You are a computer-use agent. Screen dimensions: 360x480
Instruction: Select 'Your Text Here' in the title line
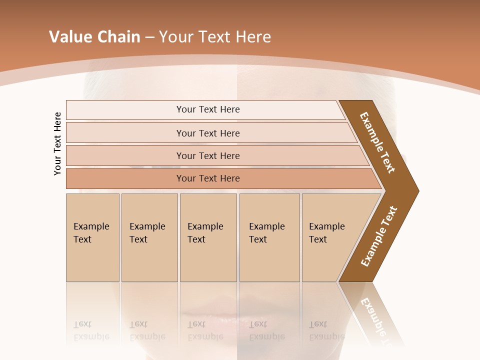(215, 37)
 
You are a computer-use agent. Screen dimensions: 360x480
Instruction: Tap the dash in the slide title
(149, 37)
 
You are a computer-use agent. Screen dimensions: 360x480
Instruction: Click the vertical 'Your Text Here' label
(57, 143)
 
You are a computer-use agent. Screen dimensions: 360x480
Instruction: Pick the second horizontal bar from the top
(208, 133)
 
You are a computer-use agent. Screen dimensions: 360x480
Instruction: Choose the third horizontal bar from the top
(208, 155)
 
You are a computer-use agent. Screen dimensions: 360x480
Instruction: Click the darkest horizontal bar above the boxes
(208, 178)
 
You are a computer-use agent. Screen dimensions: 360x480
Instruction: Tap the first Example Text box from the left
(92, 237)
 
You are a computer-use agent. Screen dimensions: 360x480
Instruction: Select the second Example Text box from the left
(149, 237)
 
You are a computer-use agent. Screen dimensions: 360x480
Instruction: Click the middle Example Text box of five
(208, 237)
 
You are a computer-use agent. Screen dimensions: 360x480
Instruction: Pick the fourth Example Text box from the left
(269, 237)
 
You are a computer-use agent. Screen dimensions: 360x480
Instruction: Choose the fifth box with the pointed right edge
(330, 237)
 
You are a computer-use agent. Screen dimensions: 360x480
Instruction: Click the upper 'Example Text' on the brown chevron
(377, 142)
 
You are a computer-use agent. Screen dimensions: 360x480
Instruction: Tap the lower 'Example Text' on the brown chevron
(379, 236)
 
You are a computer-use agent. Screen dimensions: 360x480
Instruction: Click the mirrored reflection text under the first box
(91, 330)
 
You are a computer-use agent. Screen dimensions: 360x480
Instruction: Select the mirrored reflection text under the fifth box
(326, 330)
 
